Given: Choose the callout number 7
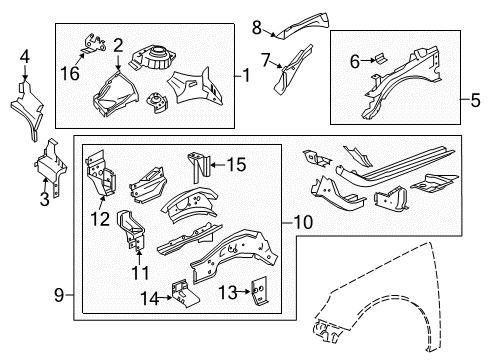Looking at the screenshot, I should click(265, 60).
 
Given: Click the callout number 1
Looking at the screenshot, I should click(245, 73).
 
